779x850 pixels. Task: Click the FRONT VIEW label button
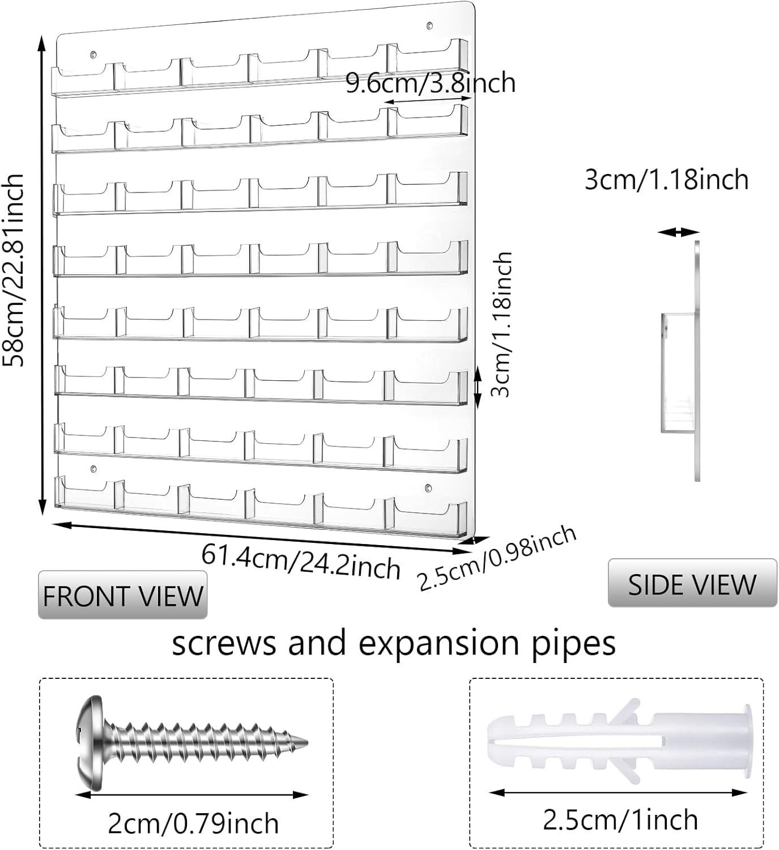pyautogui.click(x=122, y=596)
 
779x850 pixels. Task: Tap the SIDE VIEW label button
pyautogui.click(x=692, y=584)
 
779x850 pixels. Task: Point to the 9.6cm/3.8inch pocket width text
pyautogui.click(x=431, y=83)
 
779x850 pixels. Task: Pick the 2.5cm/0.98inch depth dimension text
pyautogui.click(x=497, y=558)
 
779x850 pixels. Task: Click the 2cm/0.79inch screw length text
pyautogui.click(x=193, y=823)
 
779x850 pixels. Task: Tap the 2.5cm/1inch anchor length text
pyautogui.click(x=620, y=819)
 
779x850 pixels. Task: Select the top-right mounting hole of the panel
pyautogui.click(x=429, y=25)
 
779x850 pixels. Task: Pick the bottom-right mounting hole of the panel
pyautogui.click(x=429, y=486)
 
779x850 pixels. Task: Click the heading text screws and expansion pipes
pyautogui.click(x=394, y=643)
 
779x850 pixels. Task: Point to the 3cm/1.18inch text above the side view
pyautogui.click(x=666, y=180)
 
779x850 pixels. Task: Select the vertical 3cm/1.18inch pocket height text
pyautogui.click(x=501, y=324)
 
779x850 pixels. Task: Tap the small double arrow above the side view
pyautogui.click(x=679, y=232)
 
